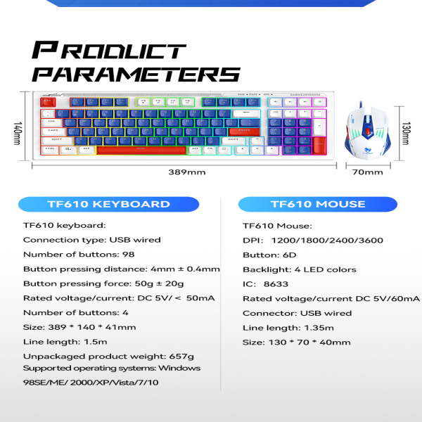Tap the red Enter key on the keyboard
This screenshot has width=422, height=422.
click(244, 131)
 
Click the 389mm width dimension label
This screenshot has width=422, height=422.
click(186, 172)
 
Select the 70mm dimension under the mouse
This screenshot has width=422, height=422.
click(362, 172)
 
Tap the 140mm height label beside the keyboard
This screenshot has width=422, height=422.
click(18, 131)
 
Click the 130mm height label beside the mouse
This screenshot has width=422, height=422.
click(406, 131)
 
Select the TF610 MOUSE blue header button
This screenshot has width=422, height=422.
click(318, 205)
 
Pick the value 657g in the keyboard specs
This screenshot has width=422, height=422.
click(181, 357)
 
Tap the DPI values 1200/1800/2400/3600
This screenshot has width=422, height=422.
click(326, 240)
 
